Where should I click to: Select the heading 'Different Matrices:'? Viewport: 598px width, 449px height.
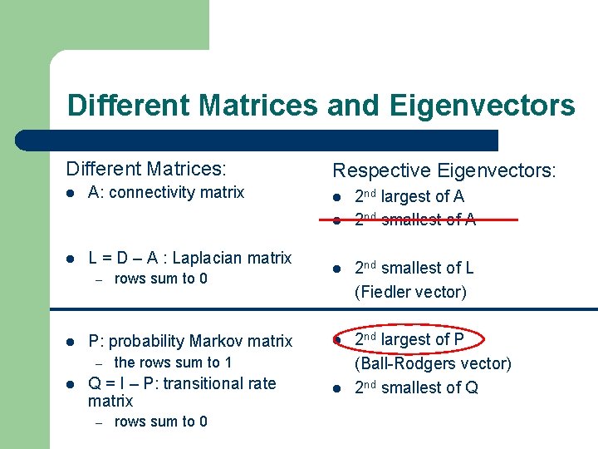coord(146,169)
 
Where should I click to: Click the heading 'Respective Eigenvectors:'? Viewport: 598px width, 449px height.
coord(445,171)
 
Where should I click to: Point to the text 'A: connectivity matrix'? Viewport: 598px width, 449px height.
coord(166,193)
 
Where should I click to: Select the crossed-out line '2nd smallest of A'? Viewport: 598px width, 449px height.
coord(415,220)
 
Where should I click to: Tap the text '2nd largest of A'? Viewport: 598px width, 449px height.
coord(409,197)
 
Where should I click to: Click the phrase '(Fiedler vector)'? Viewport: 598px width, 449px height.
coord(410,292)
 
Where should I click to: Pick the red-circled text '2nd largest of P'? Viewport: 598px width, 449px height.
coord(409,339)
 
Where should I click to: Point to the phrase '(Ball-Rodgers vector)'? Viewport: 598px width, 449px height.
coord(433,363)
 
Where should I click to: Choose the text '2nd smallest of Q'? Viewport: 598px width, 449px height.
coord(416,387)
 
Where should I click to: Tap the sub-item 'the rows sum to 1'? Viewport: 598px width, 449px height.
coord(173,363)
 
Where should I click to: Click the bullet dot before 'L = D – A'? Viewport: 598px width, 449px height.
coord(72,259)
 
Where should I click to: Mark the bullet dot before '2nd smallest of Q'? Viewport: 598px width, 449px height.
coord(338,388)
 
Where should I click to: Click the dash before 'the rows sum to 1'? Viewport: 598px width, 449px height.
coord(97,363)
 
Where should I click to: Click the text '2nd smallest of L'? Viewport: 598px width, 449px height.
coord(414,268)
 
